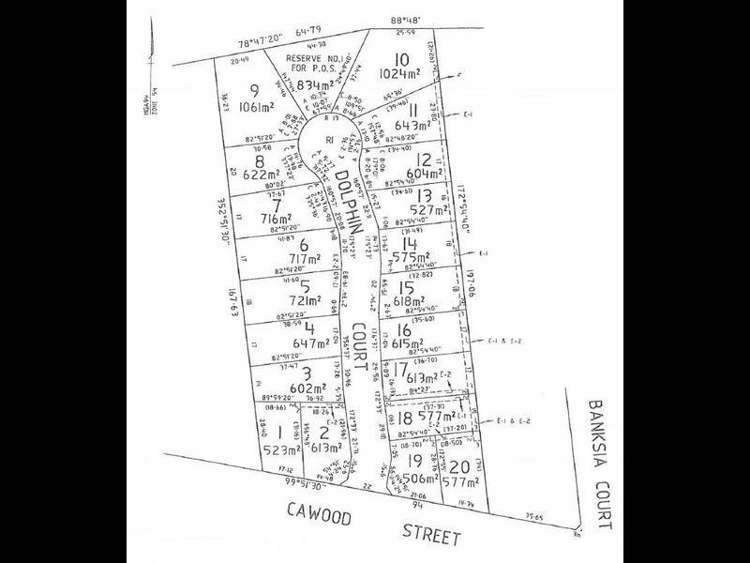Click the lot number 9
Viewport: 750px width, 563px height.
pyautogui.click(x=255, y=90)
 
